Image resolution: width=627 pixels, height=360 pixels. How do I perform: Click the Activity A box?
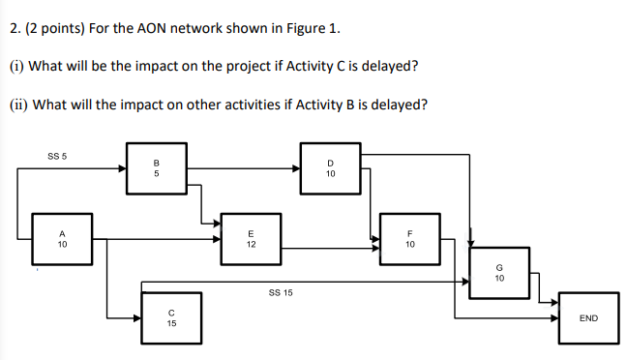click(61, 238)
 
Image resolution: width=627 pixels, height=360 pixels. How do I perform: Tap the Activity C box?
click(170, 317)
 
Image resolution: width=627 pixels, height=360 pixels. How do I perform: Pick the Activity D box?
click(330, 167)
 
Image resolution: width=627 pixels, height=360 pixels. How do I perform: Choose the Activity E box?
click(251, 238)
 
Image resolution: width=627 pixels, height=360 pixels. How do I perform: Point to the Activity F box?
click(409, 238)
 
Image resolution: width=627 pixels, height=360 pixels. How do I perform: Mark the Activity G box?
click(499, 273)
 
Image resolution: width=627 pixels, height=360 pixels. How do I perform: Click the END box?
click(587, 317)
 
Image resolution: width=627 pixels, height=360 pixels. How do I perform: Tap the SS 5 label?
click(57, 155)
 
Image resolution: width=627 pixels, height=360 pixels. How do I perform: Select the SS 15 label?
click(281, 290)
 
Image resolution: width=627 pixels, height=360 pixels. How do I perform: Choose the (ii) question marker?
click(18, 104)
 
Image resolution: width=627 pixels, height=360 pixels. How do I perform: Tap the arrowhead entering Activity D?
click(296, 168)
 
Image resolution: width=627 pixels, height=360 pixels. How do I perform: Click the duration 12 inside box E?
click(251, 244)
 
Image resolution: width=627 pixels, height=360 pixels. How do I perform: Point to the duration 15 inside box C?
click(170, 323)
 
